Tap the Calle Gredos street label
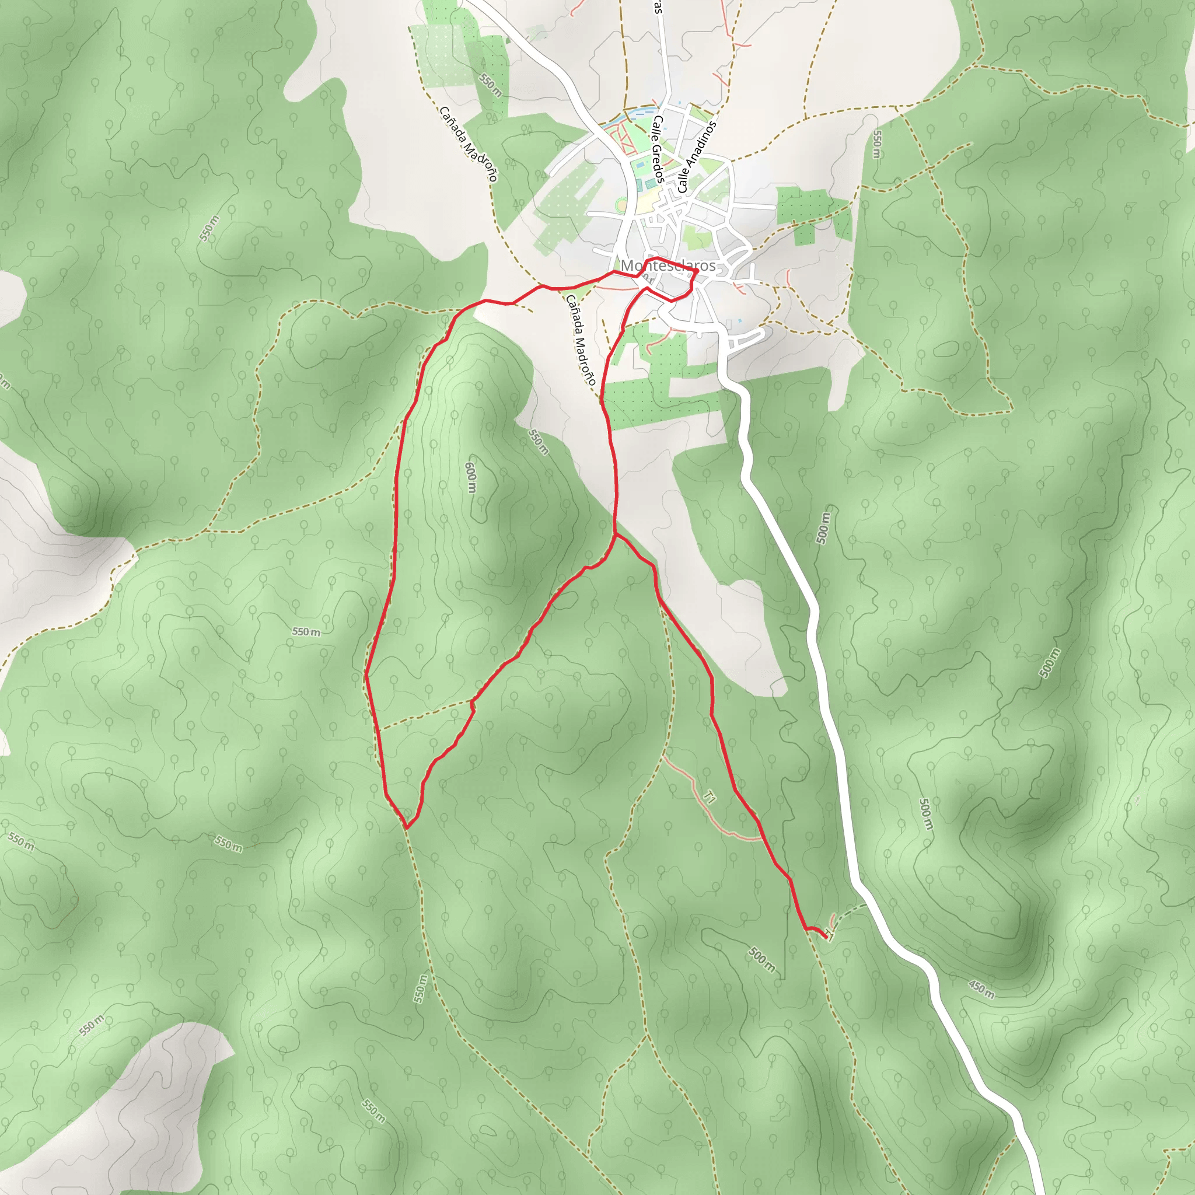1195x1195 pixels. [x=658, y=149]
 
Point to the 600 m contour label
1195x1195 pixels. [x=471, y=477]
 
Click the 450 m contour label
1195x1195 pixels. [x=981, y=989]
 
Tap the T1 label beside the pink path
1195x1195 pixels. [x=710, y=797]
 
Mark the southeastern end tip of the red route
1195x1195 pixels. [x=826, y=938]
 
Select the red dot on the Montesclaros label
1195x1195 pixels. [x=697, y=271]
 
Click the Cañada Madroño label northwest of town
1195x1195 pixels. [x=468, y=144]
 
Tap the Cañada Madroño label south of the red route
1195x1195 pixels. [x=580, y=340]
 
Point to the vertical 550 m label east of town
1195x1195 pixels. [x=877, y=144]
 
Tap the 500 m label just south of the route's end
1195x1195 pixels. [x=761, y=959]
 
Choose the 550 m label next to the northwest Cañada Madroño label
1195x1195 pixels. [x=491, y=85]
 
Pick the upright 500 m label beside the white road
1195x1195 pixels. [x=823, y=528]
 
